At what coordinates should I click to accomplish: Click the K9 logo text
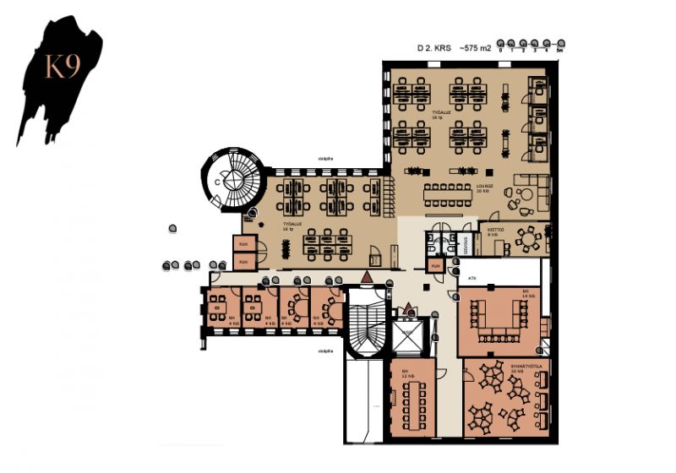(62, 68)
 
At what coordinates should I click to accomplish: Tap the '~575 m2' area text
(475, 49)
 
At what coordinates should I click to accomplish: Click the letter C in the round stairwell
(218, 180)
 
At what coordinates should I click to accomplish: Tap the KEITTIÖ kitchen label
(495, 230)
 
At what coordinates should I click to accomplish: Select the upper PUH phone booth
(243, 245)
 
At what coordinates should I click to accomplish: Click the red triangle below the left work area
(366, 277)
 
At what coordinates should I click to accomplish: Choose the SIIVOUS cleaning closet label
(466, 244)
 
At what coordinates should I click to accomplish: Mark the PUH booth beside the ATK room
(436, 267)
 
